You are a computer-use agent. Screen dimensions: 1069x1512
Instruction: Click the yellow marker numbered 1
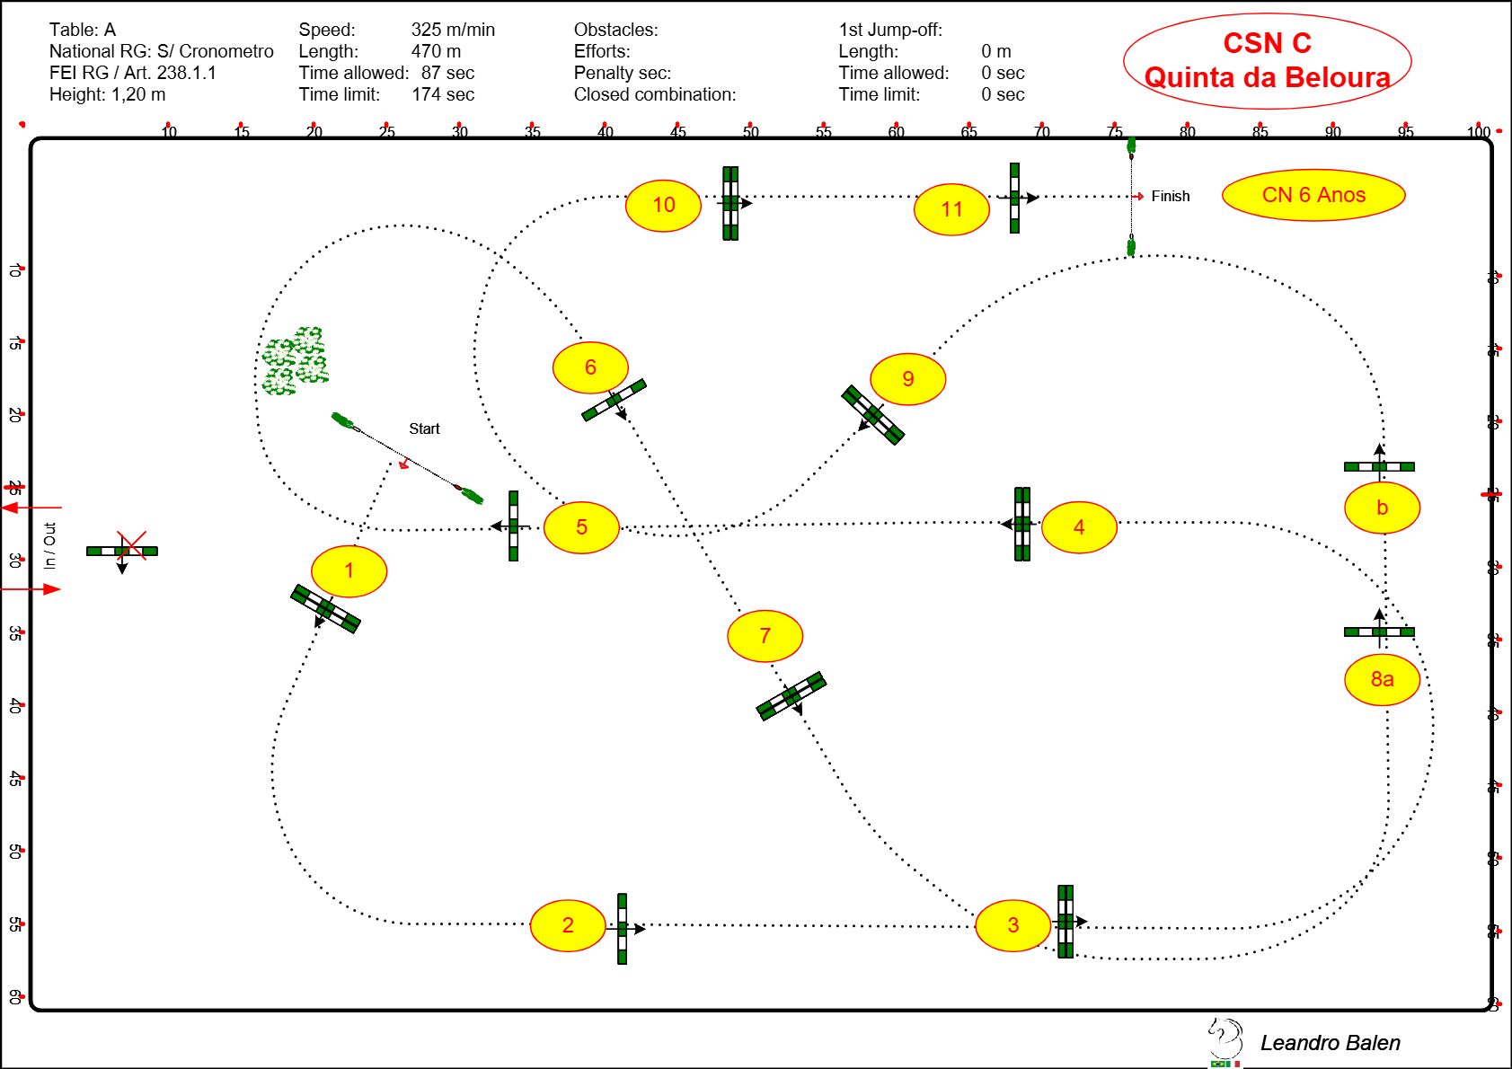[349, 571]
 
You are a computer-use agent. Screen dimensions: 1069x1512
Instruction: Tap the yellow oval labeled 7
[765, 636]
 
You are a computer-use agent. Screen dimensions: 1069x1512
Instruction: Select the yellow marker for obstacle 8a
[1382, 680]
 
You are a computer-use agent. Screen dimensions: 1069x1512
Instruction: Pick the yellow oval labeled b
[1382, 508]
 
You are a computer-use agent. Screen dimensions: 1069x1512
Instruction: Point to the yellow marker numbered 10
[663, 206]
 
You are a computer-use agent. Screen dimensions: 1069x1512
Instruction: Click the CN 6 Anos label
[1313, 195]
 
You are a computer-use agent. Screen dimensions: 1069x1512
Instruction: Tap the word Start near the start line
[424, 428]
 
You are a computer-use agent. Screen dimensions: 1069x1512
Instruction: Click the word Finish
[1170, 196]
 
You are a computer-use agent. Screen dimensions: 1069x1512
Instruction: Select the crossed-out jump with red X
[123, 550]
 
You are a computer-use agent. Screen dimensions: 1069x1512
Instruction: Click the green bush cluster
[295, 361]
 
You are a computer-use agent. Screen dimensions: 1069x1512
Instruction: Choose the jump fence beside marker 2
[622, 928]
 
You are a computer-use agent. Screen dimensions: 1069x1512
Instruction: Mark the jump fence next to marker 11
[1014, 198]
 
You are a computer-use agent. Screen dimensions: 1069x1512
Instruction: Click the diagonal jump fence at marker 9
[872, 415]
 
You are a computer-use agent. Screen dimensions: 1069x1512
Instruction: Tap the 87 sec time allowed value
[447, 73]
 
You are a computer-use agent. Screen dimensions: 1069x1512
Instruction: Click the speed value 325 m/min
[453, 30]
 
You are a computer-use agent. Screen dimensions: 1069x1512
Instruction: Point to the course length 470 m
[436, 51]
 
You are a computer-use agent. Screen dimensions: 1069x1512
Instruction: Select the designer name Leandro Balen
[1330, 1043]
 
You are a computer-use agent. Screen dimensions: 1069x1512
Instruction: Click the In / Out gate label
[50, 546]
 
